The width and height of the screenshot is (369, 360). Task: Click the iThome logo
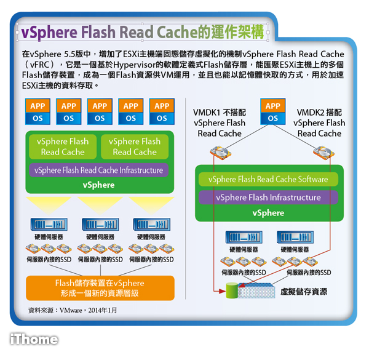[34, 339]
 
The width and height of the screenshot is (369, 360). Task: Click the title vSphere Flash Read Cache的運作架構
[142, 31]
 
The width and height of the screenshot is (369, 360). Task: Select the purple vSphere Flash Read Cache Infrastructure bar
[98, 170]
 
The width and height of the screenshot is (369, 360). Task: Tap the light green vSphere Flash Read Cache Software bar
[268, 179]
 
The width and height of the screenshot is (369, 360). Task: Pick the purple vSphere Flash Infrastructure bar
[268, 198]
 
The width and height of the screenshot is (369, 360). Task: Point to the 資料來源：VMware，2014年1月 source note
[73, 310]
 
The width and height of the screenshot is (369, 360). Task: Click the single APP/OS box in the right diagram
[272, 112]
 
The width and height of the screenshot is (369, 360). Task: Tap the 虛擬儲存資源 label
[304, 292]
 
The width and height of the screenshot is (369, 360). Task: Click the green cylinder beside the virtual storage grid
[231, 290]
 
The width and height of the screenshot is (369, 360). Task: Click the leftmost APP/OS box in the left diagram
[38, 112]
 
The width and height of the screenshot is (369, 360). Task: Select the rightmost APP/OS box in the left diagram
[162, 112]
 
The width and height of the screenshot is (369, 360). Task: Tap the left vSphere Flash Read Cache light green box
[63, 146]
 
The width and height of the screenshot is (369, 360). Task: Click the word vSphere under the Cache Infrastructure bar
[98, 185]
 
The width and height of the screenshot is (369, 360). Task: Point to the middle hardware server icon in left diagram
[100, 225]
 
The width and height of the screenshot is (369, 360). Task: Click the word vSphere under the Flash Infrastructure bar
[268, 213]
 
